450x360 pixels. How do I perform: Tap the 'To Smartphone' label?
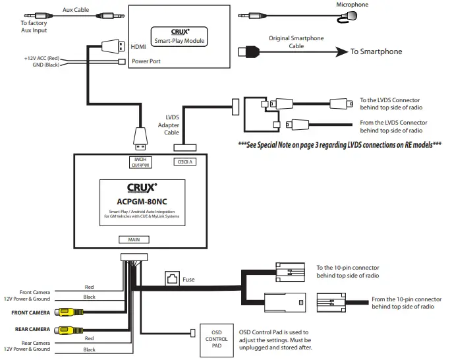(376, 51)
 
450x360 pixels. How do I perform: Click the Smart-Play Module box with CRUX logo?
(179, 36)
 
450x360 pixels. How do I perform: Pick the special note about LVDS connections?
(340, 144)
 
